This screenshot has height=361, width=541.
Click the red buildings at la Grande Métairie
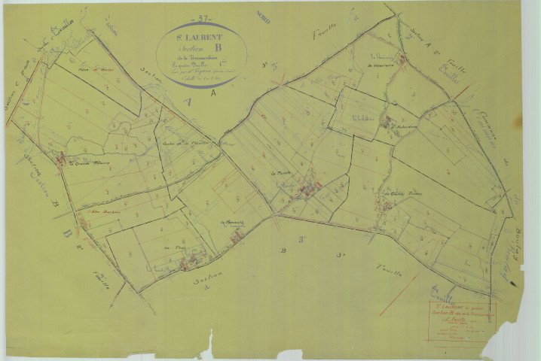click(x=62, y=159)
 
